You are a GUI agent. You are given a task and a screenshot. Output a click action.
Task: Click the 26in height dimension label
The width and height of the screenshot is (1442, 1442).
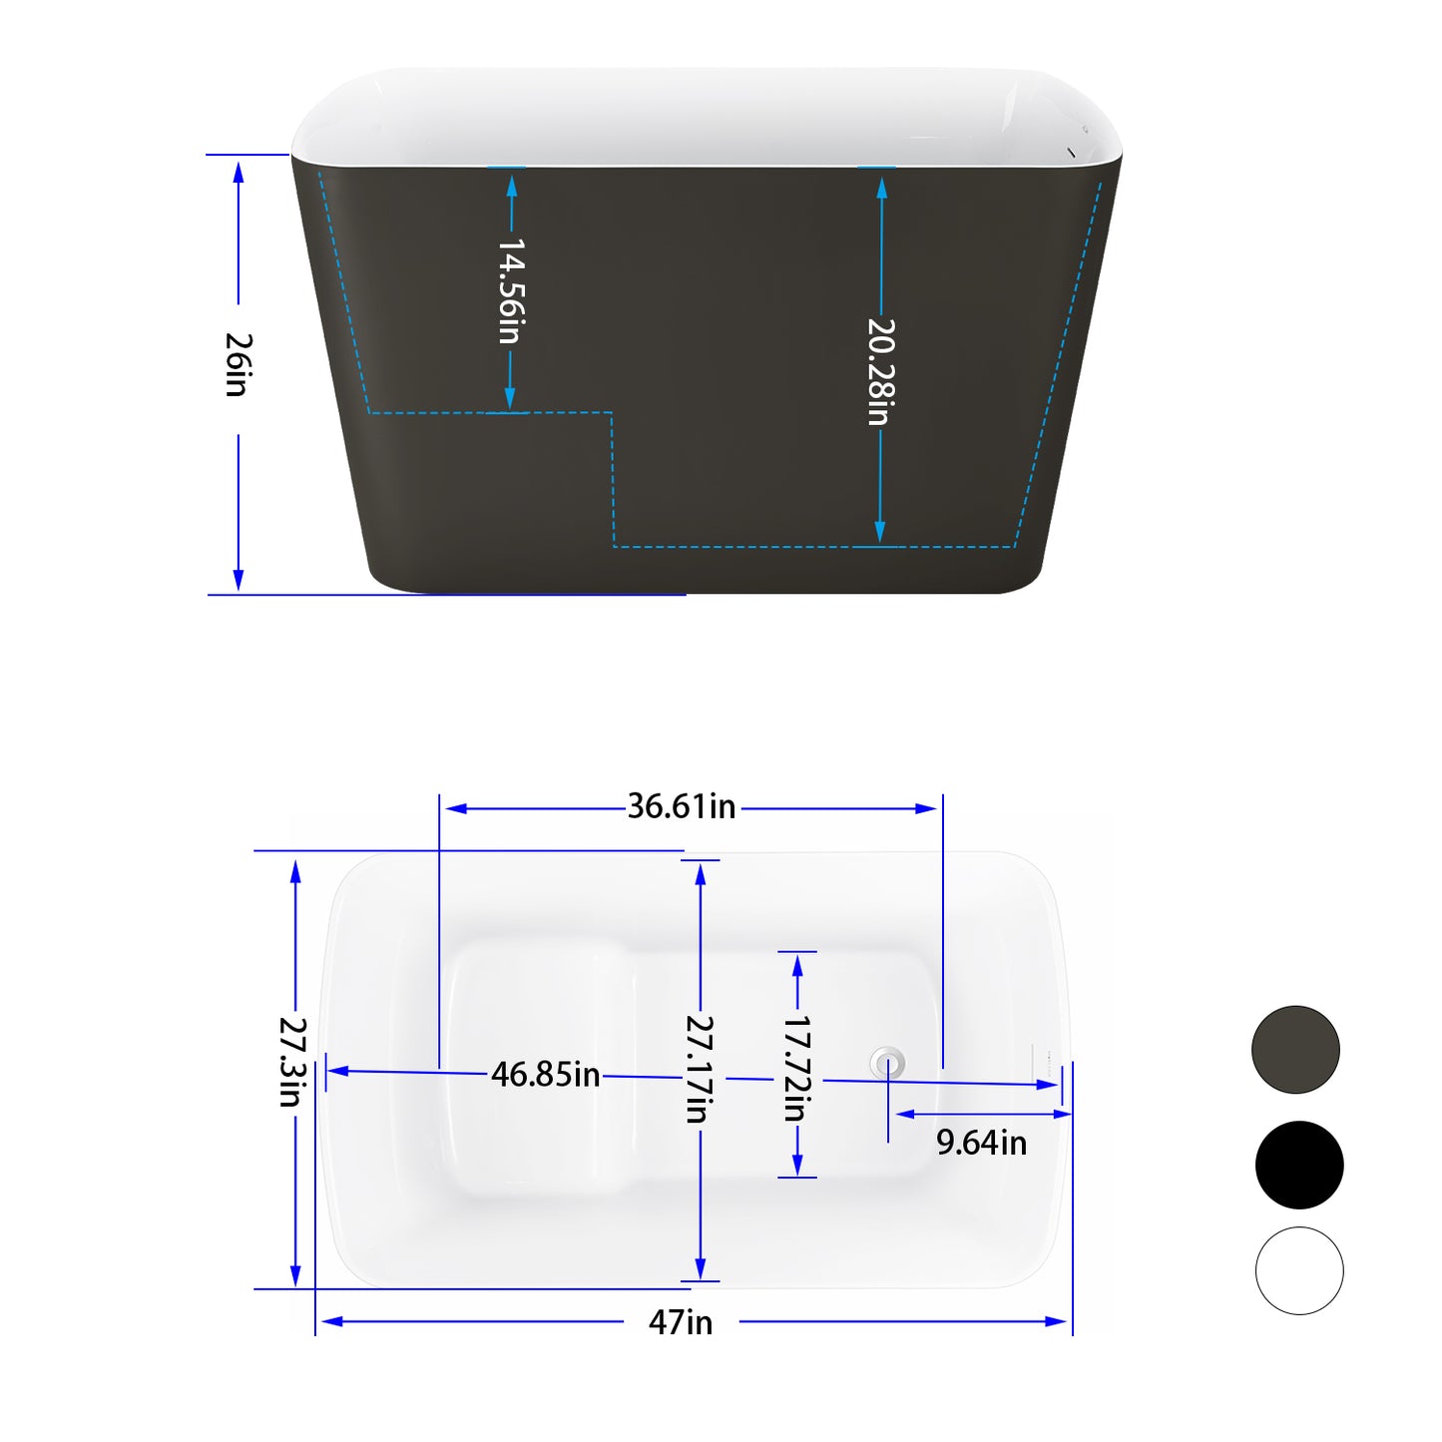[238, 365]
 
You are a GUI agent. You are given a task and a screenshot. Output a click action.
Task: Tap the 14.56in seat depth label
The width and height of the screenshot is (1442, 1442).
[510, 290]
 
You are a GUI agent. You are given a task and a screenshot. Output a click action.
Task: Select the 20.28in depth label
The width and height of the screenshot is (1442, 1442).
[879, 371]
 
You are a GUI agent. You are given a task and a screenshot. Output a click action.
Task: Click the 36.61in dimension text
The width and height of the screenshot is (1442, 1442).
[682, 806]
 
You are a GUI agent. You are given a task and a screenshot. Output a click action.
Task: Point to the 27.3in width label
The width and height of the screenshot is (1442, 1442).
[291, 1062]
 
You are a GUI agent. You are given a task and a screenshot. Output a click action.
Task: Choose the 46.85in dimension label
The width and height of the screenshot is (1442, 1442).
[545, 1075]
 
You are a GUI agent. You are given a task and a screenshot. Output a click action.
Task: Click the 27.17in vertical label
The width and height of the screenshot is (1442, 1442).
[699, 1069]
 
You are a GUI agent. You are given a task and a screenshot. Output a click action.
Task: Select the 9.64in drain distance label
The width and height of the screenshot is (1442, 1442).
[981, 1143]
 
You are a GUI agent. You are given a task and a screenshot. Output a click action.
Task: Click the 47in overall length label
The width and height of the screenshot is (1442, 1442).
[681, 1322]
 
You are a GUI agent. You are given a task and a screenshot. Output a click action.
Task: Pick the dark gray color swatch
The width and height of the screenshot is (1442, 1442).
[1295, 1050]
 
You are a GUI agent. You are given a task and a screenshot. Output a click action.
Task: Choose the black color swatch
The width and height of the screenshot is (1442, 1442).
[1298, 1165]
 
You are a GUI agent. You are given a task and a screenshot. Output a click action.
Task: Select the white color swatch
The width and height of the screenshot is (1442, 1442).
[1298, 1270]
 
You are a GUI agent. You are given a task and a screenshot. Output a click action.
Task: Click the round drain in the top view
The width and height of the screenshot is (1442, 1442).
[887, 1063]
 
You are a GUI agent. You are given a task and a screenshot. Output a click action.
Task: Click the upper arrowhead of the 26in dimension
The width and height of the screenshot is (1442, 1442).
[239, 172]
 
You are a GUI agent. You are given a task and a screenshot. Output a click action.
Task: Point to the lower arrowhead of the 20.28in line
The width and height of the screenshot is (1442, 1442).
[880, 533]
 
